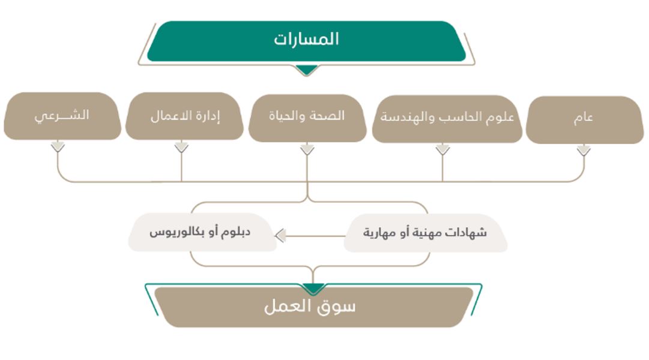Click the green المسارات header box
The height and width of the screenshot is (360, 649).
coord(306,41)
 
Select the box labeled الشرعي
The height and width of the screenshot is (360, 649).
coord(62,115)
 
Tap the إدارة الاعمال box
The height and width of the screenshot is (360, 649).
coord(184,115)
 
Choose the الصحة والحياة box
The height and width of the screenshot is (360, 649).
coord(307,118)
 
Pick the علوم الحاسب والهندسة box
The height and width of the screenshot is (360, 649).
coord(447,119)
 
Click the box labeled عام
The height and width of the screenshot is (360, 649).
coord(585,120)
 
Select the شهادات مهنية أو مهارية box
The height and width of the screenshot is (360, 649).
coord(426,233)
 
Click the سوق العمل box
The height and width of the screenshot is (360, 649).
coord(313,307)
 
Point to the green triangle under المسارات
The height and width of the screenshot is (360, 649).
coord(306,70)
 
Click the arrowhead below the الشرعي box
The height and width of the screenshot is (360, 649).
coord(58,146)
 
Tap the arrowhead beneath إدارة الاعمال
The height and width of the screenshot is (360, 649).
coord(181,147)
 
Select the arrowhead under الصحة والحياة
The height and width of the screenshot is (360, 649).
coord(307,149)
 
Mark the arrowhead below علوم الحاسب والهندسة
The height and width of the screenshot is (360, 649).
coord(442,150)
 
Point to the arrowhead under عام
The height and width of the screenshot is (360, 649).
coord(584,150)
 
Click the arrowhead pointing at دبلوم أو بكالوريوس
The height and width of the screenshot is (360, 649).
coord(280,236)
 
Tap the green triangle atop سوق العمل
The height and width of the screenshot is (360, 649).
coord(313,289)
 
